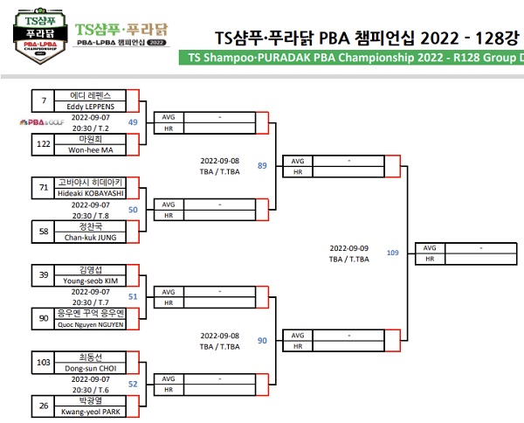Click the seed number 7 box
[x=43, y=100]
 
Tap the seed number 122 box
[x=43, y=144]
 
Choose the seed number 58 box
[x=43, y=231]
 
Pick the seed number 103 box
[x=43, y=362]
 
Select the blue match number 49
[x=133, y=122]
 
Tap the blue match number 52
[x=133, y=385]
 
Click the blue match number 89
[x=262, y=166]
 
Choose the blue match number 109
[x=392, y=253]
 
